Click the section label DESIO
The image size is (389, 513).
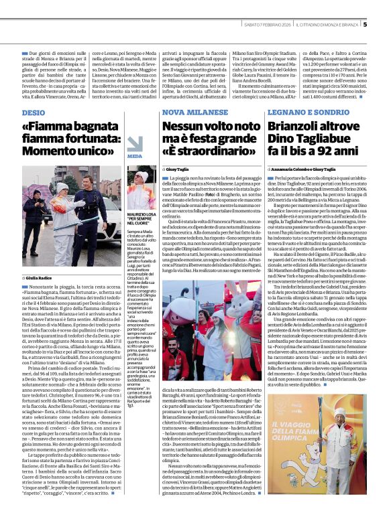(34, 113)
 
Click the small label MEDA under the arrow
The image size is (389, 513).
(135, 156)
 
